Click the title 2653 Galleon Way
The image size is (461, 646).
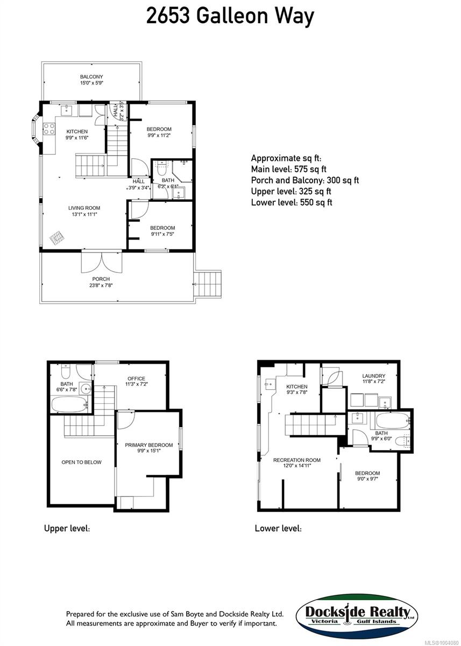[x=230, y=17]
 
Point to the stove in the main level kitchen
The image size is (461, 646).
[x=49, y=129]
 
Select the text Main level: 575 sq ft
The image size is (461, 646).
[x=289, y=169]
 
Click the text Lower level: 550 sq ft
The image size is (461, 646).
[x=291, y=202]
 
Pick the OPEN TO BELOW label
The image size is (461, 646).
[x=81, y=462]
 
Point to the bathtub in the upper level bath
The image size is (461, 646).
[x=68, y=404]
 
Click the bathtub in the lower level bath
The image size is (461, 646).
[x=392, y=421]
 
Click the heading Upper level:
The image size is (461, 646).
[x=67, y=529]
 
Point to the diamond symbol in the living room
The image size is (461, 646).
[x=56, y=237]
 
